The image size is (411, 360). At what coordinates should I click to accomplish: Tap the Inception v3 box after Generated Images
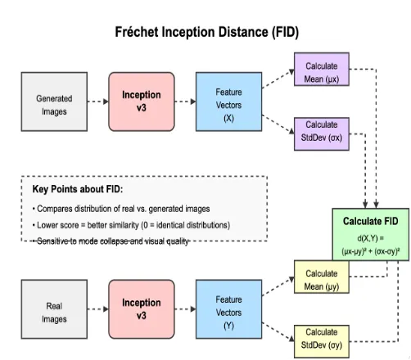pos(142,101)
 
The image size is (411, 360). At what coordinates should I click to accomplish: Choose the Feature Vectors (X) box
pos(228,101)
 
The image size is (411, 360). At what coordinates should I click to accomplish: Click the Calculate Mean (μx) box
pos(321,71)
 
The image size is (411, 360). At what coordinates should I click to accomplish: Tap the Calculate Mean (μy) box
pos(321,279)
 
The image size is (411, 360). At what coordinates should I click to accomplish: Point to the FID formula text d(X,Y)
pos(371,241)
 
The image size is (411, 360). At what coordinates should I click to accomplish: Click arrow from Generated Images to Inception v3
pos(97,101)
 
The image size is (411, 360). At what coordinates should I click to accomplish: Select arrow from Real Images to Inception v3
pos(97,310)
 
